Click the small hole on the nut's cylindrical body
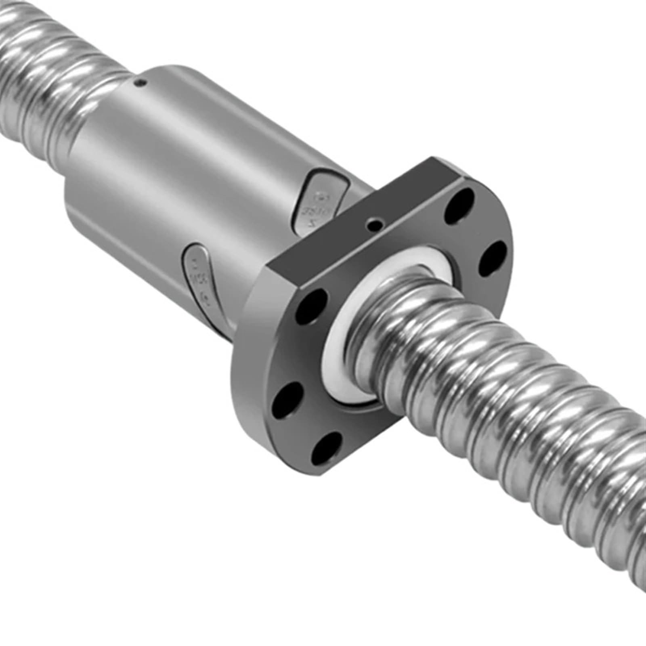pos(140,84)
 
